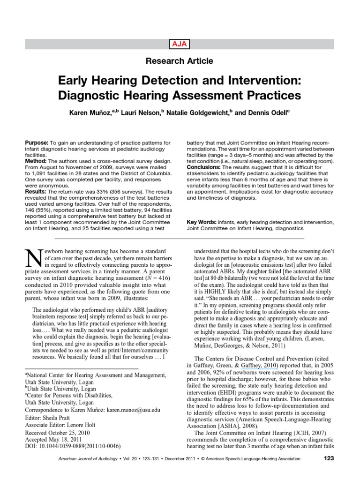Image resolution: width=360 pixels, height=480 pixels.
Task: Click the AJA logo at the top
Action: click(180, 44)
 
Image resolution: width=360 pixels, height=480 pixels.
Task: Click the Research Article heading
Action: click(180, 61)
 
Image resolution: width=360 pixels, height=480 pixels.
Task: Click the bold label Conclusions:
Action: click(203, 167)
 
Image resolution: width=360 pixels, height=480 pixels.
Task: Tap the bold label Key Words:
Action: click(201, 222)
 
